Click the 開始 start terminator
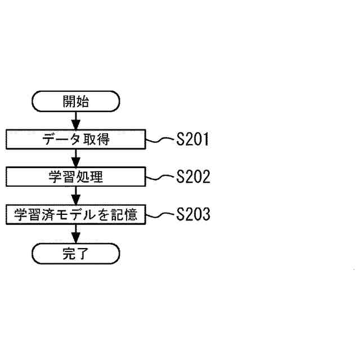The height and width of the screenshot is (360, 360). click(76, 102)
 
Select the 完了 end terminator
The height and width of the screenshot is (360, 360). click(76, 254)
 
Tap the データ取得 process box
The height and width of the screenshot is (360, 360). click(76, 139)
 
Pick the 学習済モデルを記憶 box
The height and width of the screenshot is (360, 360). click(76, 214)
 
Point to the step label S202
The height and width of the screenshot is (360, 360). click(192, 177)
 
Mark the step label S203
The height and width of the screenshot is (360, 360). click(192, 214)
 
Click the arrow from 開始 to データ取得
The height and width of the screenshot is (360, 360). click(76, 120)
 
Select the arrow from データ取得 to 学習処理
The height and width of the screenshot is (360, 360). click(76, 158)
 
